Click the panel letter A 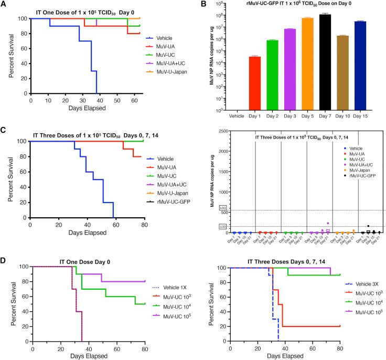[x=4, y=5]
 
